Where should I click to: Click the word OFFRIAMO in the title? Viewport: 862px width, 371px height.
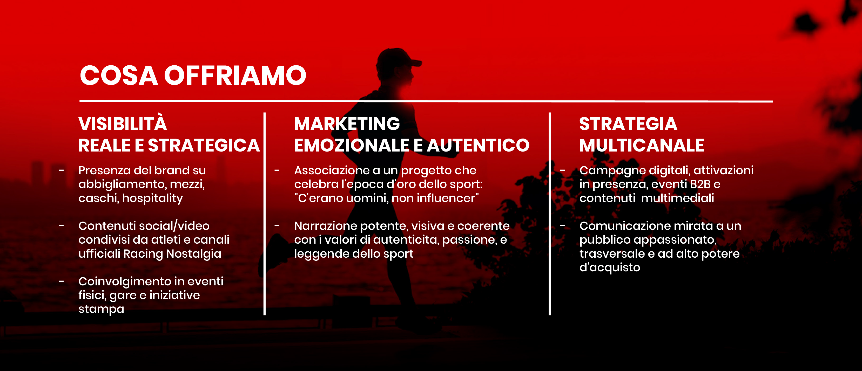(x=235, y=75)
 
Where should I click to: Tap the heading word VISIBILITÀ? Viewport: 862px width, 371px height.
(x=123, y=124)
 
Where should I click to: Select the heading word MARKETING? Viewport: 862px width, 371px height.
(x=347, y=124)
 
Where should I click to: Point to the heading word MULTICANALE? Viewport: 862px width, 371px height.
(x=642, y=145)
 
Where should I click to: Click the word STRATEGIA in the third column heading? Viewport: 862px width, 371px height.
(x=628, y=124)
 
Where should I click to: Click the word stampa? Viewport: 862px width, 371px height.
(x=101, y=309)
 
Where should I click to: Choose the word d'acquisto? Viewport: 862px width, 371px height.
(x=610, y=267)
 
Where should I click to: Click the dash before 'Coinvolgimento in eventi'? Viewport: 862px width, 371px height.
(x=61, y=281)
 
